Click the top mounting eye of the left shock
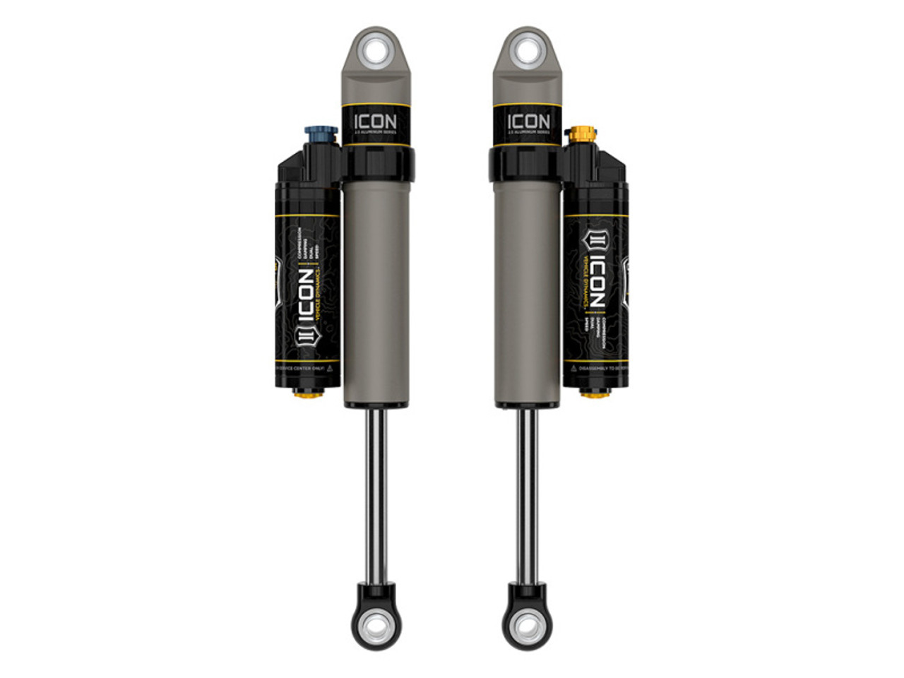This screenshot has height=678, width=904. pyautogui.click(x=375, y=52)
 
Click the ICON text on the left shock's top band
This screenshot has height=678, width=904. pyautogui.click(x=375, y=121)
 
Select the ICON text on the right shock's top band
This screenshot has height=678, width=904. pyautogui.click(x=528, y=121)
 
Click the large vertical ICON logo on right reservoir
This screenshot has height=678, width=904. pyautogui.click(x=595, y=282)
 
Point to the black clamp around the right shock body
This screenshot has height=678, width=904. pyautogui.click(x=526, y=163)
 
